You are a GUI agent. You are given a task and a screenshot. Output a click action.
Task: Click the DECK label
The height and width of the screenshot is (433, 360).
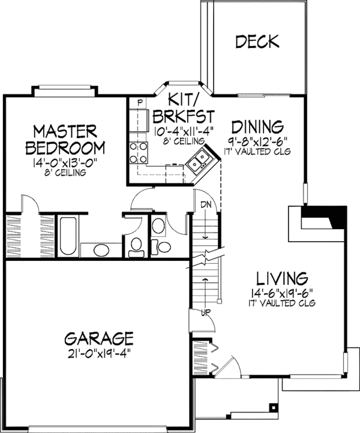[x=257, y=41]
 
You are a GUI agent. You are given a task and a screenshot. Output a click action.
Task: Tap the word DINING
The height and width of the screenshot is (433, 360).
[x=257, y=127]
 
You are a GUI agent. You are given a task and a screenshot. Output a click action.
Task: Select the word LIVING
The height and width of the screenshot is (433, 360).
[x=282, y=278]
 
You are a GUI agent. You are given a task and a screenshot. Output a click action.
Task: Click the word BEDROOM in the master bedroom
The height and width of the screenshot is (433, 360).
[x=68, y=147]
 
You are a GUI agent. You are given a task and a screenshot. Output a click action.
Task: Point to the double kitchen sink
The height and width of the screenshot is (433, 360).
[x=199, y=160]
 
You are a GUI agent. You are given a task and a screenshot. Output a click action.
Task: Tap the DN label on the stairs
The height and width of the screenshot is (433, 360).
[x=206, y=205]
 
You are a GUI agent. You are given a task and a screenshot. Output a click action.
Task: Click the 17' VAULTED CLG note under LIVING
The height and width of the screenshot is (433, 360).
[x=282, y=303]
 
